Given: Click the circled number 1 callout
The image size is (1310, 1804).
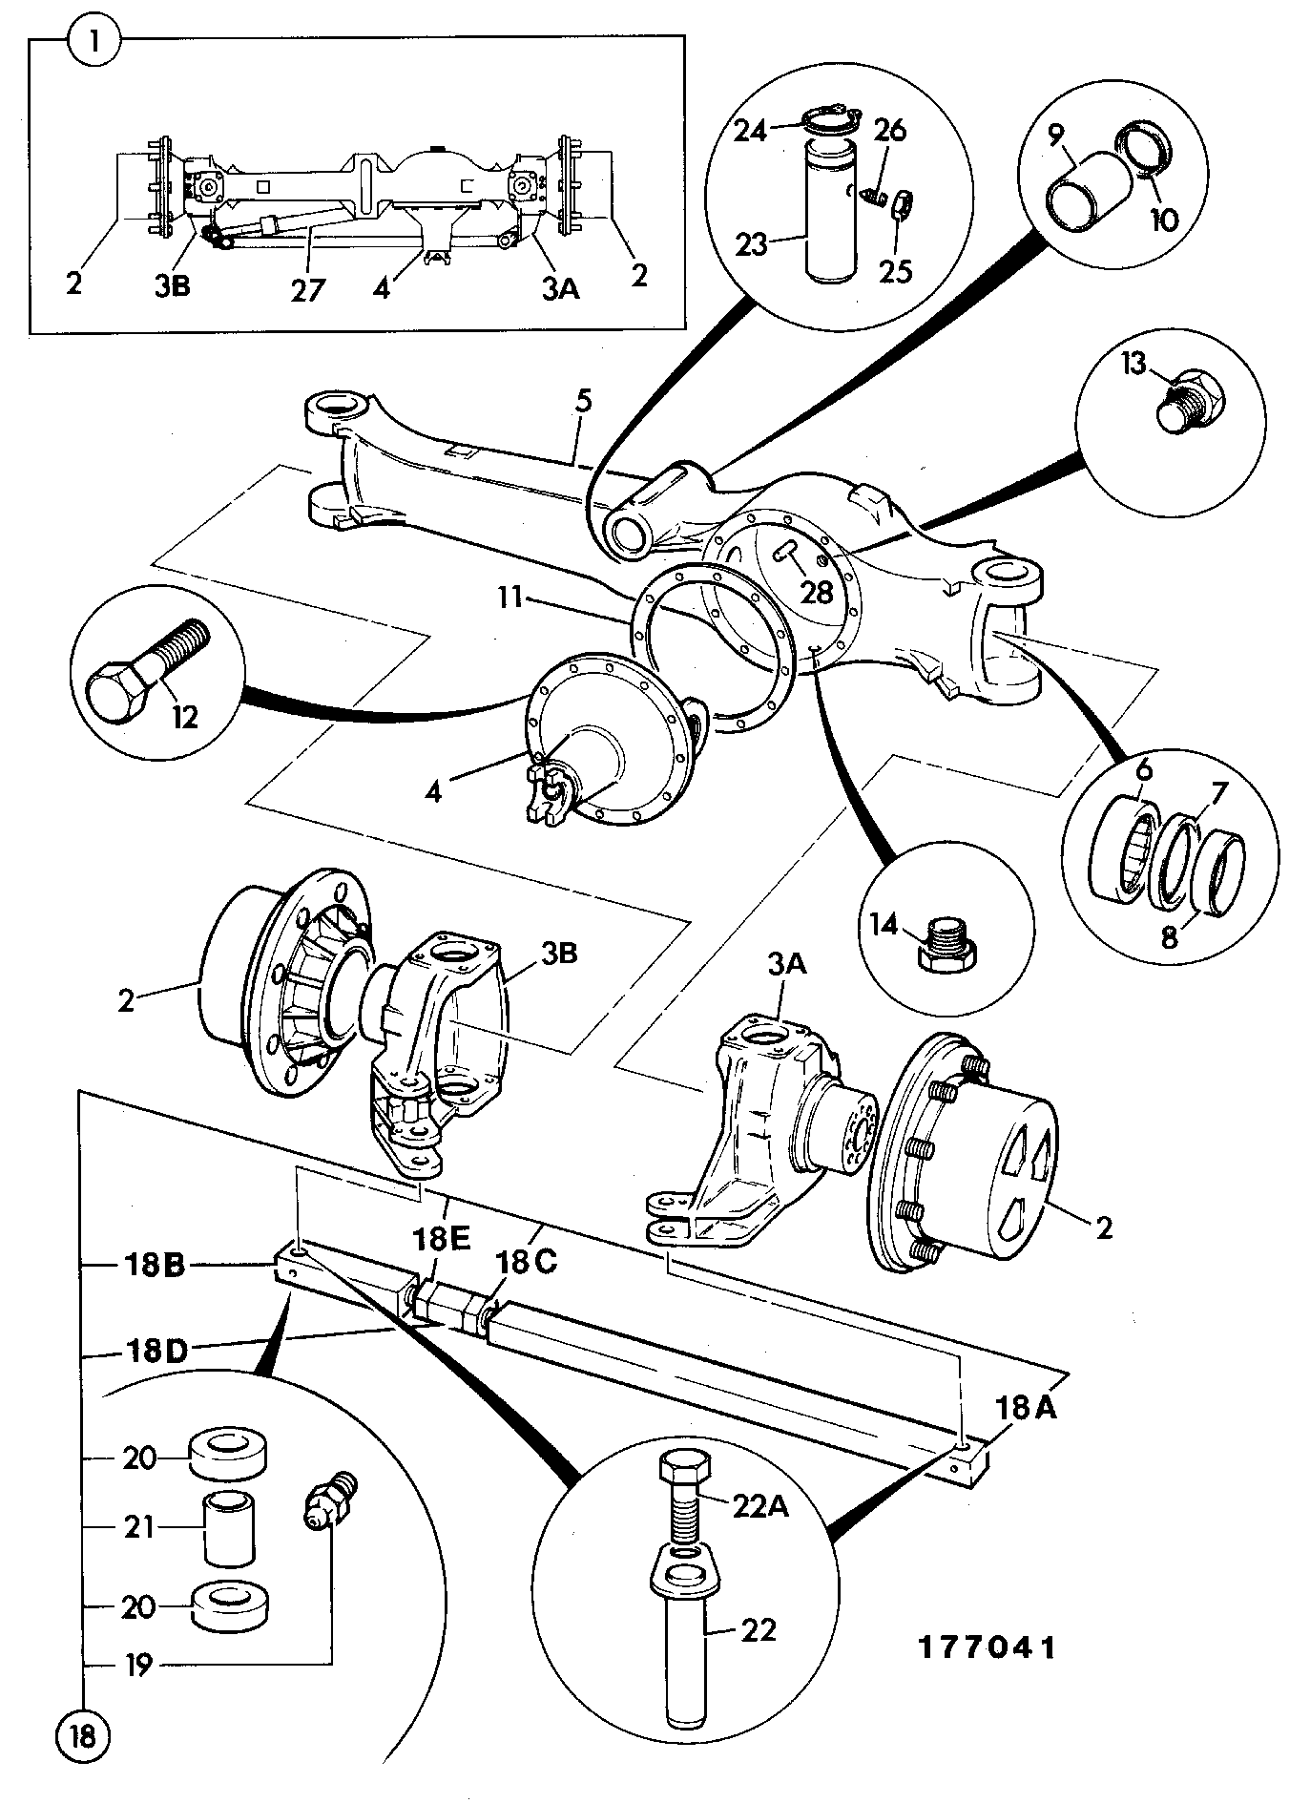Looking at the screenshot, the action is point(94,43).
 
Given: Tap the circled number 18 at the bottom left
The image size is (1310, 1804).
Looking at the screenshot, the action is point(84,1736).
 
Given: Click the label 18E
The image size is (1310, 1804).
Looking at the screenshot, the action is point(442,1239).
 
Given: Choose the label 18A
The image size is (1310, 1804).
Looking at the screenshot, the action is point(1027,1407).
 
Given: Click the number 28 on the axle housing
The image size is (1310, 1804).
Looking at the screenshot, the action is point(817,593).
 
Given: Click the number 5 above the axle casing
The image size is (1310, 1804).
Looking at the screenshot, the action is point(583,401).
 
